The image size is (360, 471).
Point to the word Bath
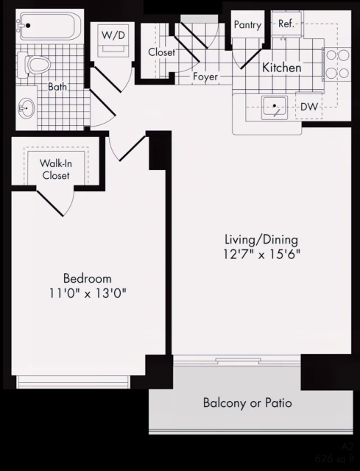[x=57, y=87]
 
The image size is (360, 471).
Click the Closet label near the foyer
[x=160, y=52]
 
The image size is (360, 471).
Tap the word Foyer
[x=206, y=77]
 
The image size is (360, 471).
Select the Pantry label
[x=247, y=24]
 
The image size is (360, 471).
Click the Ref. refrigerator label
[x=286, y=24]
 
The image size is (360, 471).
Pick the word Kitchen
[x=282, y=68]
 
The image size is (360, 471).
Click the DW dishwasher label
[x=309, y=107]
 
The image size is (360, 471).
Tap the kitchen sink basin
[x=273, y=107]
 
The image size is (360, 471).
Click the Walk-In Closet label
[x=54, y=170]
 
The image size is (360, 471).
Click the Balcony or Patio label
[x=247, y=403]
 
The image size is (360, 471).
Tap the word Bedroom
[x=87, y=278]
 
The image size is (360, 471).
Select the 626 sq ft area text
[x=335, y=458]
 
